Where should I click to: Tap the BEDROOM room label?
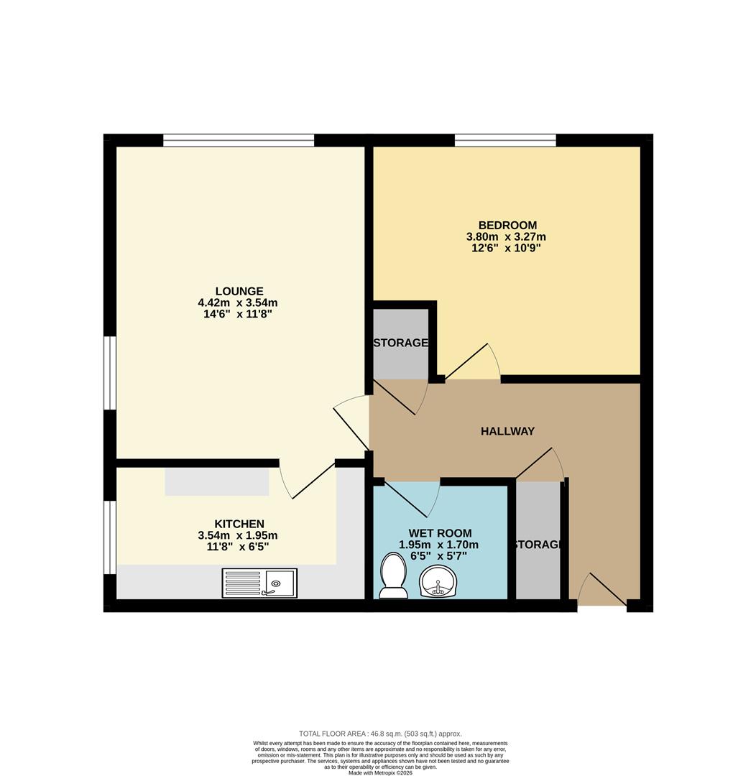click(509, 225)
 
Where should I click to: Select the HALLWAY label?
click(507, 431)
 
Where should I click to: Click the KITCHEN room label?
click(239, 524)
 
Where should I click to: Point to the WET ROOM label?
click(440, 533)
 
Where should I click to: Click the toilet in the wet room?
click(393, 576)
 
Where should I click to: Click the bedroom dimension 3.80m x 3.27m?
click(506, 236)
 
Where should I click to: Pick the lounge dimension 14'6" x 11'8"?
click(237, 314)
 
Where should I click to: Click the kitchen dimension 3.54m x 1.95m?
click(237, 535)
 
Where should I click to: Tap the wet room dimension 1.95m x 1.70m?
click(438, 545)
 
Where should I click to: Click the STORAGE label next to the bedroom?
click(400, 343)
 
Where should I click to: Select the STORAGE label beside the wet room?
click(538, 545)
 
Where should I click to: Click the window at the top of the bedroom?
click(505, 140)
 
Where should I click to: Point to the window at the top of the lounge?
click(238, 140)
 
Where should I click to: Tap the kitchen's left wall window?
click(109, 537)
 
